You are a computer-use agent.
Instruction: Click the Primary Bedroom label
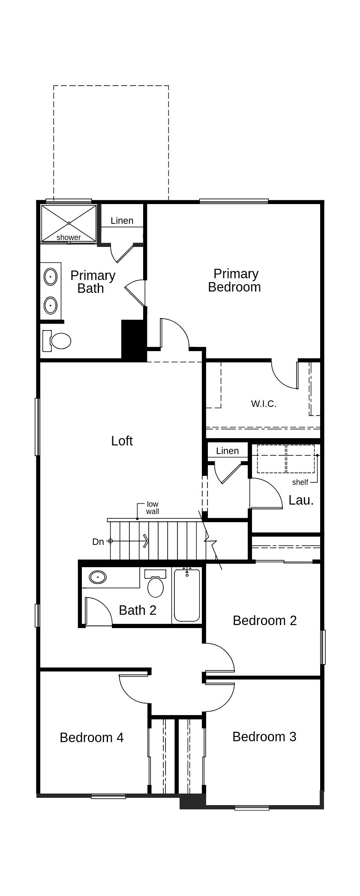(234, 280)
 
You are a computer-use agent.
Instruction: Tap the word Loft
(122, 441)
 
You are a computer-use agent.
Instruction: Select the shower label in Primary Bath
(69, 238)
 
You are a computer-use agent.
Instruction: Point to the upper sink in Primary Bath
(51, 277)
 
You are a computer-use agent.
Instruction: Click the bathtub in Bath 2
(187, 595)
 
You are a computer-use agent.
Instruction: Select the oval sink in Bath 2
(98, 577)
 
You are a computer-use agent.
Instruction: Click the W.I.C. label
(264, 403)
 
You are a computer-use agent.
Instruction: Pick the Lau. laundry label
(301, 500)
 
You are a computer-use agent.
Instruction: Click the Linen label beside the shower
(122, 220)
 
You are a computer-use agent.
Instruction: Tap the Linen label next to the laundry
(227, 451)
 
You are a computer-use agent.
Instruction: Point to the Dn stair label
(98, 541)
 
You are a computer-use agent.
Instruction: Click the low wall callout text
(153, 508)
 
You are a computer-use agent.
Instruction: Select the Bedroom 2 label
(264, 620)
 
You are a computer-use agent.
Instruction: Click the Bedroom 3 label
(264, 737)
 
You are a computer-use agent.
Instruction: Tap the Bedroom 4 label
(91, 737)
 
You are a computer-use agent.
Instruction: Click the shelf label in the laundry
(300, 482)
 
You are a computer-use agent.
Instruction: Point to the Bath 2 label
(137, 610)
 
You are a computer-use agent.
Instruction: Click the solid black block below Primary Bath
(134, 340)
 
